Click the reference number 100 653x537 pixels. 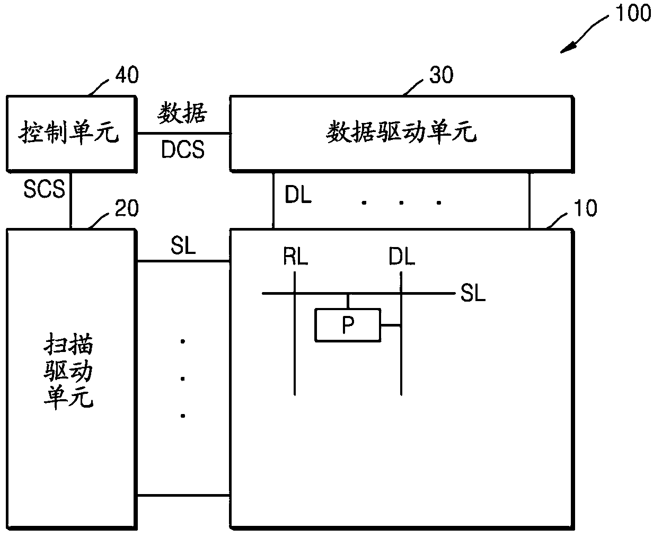click(x=631, y=13)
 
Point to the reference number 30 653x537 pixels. click(x=440, y=75)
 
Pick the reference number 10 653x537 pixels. click(x=585, y=208)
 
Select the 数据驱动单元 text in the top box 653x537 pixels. click(x=401, y=133)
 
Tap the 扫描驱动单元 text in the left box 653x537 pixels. click(x=68, y=372)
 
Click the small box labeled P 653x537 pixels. click(x=348, y=325)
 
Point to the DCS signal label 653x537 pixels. click(x=183, y=151)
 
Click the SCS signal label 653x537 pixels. click(x=44, y=188)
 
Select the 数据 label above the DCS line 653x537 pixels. click(x=183, y=112)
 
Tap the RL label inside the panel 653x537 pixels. click(x=295, y=258)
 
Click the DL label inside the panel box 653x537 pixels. click(x=401, y=258)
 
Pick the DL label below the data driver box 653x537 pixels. click(x=298, y=196)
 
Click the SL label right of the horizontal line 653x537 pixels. click(x=473, y=294)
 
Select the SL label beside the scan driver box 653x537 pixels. click(x=183, y=246)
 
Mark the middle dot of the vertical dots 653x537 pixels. click(x=183, y=378)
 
